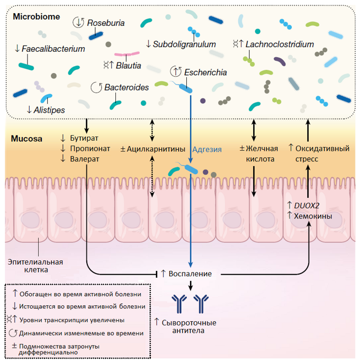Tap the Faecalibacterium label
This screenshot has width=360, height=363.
coord(53,49)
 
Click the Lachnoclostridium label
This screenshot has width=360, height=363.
coord(280,44)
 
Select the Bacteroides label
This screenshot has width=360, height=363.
coord(127,87)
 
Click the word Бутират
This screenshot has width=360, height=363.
coord(85,139)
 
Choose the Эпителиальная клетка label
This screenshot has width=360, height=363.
coord(35,266)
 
